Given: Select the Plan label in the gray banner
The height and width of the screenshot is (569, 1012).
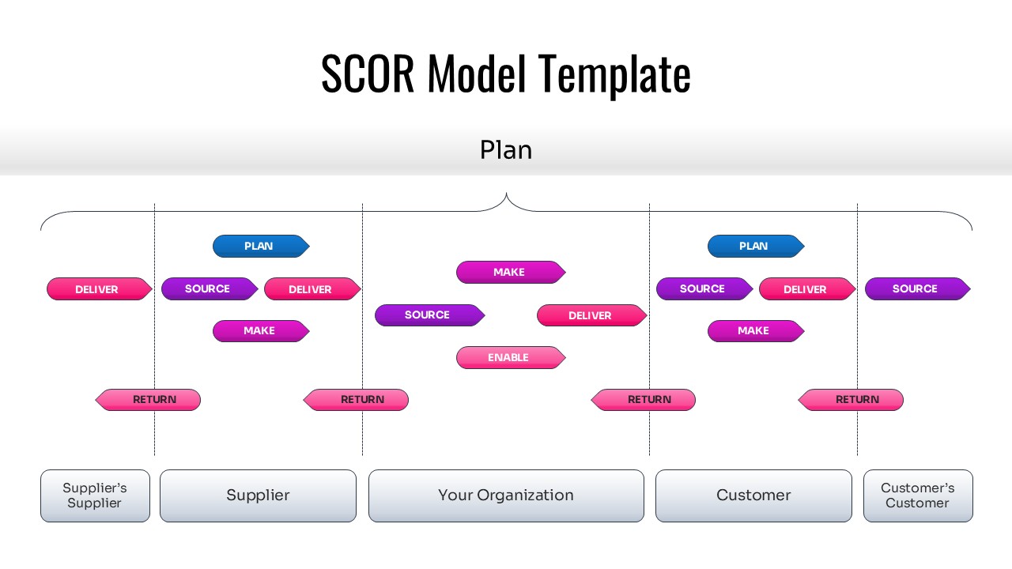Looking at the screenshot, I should (x=506, y=150).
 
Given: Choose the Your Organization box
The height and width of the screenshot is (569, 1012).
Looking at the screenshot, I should (x=506, y=496).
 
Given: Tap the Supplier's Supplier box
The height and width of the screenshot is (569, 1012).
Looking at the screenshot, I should (x=95, y=496).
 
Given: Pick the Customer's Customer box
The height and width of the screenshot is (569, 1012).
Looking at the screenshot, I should (x=917, y=496).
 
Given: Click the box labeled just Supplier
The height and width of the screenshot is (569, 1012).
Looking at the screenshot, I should (x=258, y=496).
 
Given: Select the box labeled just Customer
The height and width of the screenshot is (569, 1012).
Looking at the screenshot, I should (x=753, y=496).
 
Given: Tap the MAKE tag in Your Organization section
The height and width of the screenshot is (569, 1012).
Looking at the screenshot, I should (x=510, y=272).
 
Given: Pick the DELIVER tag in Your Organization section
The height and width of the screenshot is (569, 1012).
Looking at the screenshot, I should (x=591, y=315).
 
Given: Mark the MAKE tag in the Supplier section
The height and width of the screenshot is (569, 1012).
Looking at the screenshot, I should (x=260, y=331).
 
